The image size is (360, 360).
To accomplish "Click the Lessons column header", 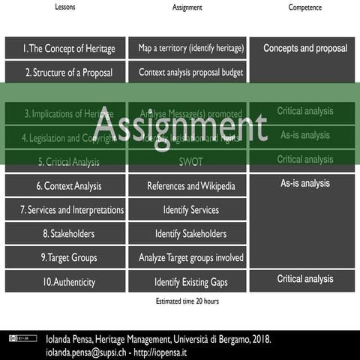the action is (65, 7).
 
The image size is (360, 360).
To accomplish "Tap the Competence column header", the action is (304, 7).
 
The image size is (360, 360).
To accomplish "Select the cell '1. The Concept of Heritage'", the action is (65, 49).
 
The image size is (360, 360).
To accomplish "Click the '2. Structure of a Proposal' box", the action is (65, 73).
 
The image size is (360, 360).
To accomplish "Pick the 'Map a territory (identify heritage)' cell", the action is (191, 49).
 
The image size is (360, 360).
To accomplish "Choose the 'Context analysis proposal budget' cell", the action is (191, 73).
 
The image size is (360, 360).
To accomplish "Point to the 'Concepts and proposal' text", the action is (304, 49).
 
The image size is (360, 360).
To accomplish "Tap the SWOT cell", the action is (191, 162).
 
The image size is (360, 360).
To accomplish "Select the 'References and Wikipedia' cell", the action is (191, 186).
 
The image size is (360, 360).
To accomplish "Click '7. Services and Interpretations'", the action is (65, 210).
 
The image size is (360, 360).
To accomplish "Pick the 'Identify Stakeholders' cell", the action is (191, 234).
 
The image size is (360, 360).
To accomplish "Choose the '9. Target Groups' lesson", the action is (65, 258).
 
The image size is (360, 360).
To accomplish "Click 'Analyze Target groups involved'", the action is (191, 258).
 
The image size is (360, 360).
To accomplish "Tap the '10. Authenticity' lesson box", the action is (65, 282).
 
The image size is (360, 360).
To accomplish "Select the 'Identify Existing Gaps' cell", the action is (191, 282).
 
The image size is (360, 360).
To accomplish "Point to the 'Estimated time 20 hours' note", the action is (182, 301).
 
